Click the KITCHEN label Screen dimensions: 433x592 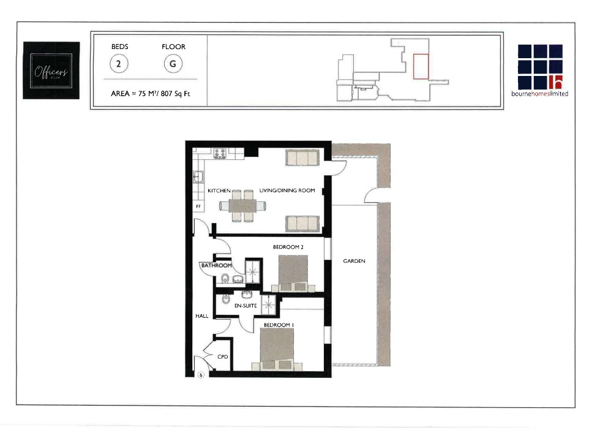(219, 191)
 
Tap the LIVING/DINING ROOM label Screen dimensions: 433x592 (287, 191)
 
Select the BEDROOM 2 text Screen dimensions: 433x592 (288, 247)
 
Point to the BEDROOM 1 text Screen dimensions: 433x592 (279, 325)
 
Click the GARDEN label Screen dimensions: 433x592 (354, 261)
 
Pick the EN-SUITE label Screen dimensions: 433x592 (245, 304)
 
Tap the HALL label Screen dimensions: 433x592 (202, 316)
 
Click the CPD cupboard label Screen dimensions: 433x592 (222, 356)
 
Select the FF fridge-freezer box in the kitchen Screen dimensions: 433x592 (198, 207)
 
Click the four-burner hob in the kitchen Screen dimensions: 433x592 (220, 153)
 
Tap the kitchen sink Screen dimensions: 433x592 (198, 178)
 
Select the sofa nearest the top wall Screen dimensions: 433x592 (301, 158)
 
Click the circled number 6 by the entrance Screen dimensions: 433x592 (201, 375)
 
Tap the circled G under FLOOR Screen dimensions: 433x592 (173, 64)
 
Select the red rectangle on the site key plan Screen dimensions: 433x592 (421, 66)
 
